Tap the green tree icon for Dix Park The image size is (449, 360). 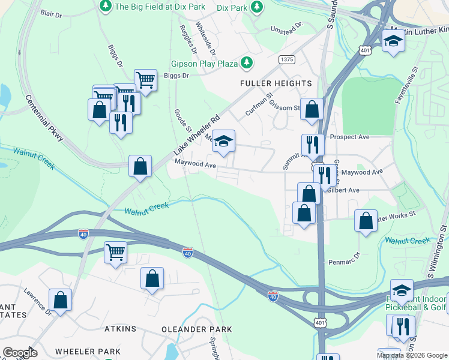tap(257, 7)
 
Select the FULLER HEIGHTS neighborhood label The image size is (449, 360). tap(276, 83)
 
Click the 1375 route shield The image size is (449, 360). tap(286, 59)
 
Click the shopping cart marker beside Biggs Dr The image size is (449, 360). tap(145, 79)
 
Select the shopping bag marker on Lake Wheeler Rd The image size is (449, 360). tap(140, 166)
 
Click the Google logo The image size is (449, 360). tap(20, 353)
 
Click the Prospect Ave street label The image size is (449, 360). tap(354, 137)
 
